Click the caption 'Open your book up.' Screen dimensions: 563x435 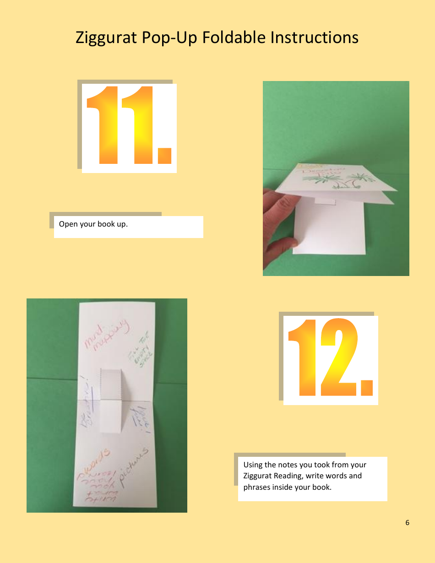coord(93,224)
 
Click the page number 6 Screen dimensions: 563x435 coord(407,523)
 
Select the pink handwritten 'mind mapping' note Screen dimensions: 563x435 coord(107,337)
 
